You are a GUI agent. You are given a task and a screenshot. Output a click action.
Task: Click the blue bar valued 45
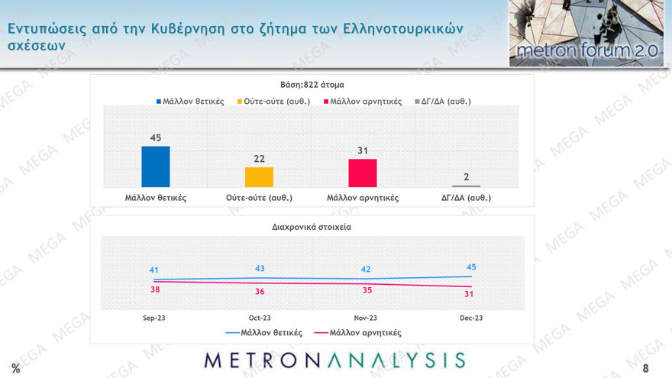pyautogui.click(x=155, y=166)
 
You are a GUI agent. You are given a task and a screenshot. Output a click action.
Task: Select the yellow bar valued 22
pyautogui.click(x=259, y=177)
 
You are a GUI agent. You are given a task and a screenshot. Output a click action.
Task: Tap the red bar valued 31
pyautogui.click(x=362, y=173)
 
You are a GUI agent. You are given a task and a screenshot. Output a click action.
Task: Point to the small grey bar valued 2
pyautogui.click(x=466, y=186)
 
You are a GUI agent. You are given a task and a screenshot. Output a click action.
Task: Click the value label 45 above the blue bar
pyautogui.click(x=155, y=138)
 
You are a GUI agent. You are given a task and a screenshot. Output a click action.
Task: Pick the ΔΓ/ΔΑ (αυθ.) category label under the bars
pyautogui.click(x=466, y=198)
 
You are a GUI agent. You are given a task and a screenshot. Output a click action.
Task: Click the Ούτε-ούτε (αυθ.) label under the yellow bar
pyautogui.click(x=259, y=198)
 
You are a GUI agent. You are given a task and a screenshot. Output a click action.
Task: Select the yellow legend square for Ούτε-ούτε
pyautogui.click(x=240, y=101)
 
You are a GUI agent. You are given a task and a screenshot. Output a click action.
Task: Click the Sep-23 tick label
pyautogui.click(x=154, y=318)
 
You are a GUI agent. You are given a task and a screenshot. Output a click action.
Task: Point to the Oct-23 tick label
pyautogui.click(x=260, y=318)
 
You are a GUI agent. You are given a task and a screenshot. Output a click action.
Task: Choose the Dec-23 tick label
pyautogui.click(x=471, y=318)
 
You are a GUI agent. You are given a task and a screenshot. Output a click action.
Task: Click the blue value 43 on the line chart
pyautogui.click(x=260, y=268)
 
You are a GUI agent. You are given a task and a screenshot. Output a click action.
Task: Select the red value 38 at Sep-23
pyautogui.click(x=153, y=290)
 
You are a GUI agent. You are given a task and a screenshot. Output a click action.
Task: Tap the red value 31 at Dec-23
pyautogui.click(x=471, y=296)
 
